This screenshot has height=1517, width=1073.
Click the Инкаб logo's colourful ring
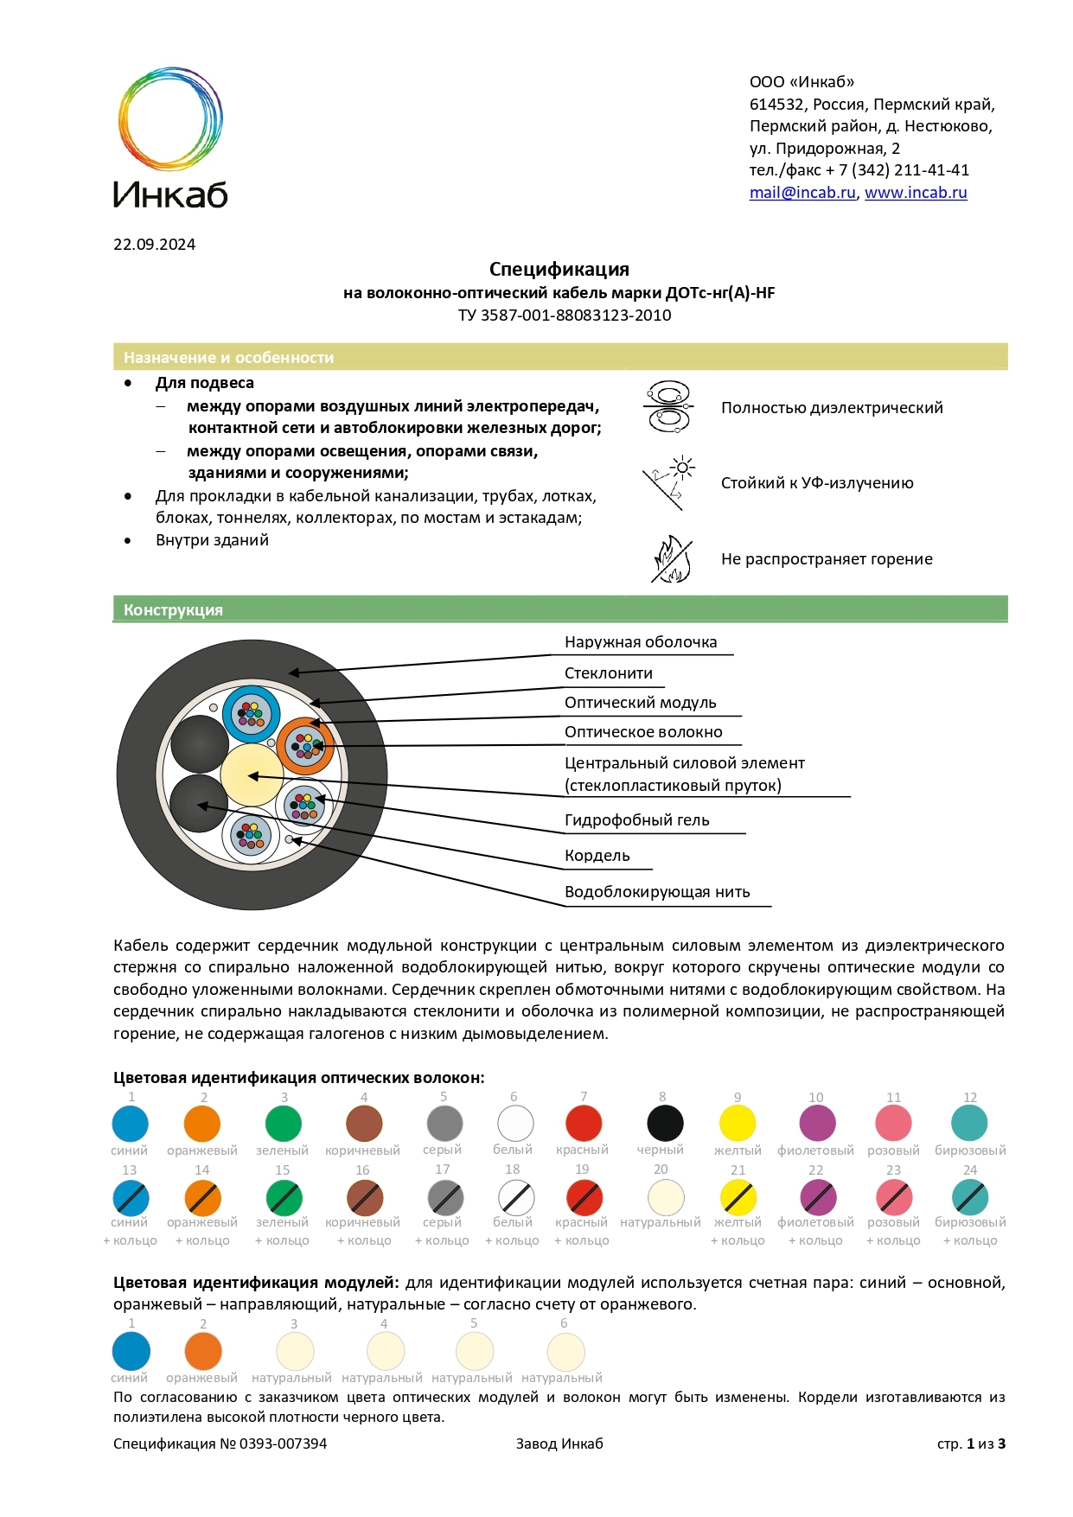[170, 118]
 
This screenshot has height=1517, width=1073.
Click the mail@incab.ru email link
[802, 193]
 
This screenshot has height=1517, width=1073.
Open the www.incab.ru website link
[916, 193]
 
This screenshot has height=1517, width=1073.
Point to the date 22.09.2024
[154, 245]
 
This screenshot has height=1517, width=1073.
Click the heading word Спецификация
[559, 269]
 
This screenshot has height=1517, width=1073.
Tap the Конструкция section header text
[173, 610]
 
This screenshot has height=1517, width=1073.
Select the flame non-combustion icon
[672, 559]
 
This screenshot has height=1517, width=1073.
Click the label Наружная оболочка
[641, 642]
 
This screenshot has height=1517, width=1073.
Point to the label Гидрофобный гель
[636, 820]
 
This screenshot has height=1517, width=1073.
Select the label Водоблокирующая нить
[657, 892]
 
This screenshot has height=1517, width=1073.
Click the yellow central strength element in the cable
[251, 774]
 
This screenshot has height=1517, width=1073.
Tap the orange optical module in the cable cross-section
[304, 745]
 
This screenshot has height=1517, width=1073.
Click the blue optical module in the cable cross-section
[251, 714]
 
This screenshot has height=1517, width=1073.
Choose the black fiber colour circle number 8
[665, 1124]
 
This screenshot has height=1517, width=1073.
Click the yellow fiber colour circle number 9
[738, 1124]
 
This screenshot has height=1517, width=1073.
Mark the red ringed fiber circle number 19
[584, 1198]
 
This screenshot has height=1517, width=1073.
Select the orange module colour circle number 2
[203, 1351]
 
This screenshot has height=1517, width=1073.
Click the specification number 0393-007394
[283, 1444]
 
